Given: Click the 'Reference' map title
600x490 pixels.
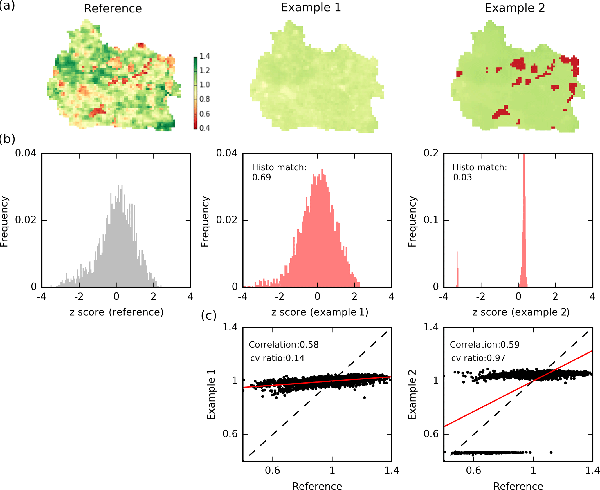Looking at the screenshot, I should tap(113, 9).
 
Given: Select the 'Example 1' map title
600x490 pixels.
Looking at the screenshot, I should tap(311, 8).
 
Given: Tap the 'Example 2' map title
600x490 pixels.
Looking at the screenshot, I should tap(515, 8).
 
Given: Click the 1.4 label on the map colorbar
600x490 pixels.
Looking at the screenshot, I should tap(205, 56).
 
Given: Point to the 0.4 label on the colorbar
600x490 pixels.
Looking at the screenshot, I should tap(205, 128).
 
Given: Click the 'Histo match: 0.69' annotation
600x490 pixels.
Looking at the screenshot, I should tap(279, 172).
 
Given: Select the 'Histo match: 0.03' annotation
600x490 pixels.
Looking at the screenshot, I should tap(480, 172).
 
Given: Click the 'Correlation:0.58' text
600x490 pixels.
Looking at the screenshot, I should tap(284, 345).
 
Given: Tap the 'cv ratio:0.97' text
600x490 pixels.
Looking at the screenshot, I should tap(478, 358).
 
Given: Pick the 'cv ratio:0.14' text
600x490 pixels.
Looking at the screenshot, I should tap(277, 358).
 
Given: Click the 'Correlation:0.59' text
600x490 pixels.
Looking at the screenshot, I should tap(484, 345).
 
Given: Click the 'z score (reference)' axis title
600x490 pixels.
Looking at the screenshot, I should tap(116, 312).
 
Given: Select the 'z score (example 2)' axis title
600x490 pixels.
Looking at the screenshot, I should tap(521, 312).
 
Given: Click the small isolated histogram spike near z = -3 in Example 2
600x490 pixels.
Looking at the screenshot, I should tap(457, 270).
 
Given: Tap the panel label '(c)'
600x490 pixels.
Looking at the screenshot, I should tap(209, 316).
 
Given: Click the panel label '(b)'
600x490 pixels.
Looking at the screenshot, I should tap(8, 139).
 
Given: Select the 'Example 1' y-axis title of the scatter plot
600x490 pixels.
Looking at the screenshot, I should tap(211, 395).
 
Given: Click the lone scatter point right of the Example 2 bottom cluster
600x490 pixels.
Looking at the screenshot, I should tap(551, 452).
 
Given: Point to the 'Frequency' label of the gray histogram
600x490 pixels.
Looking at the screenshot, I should tap(4, 221).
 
